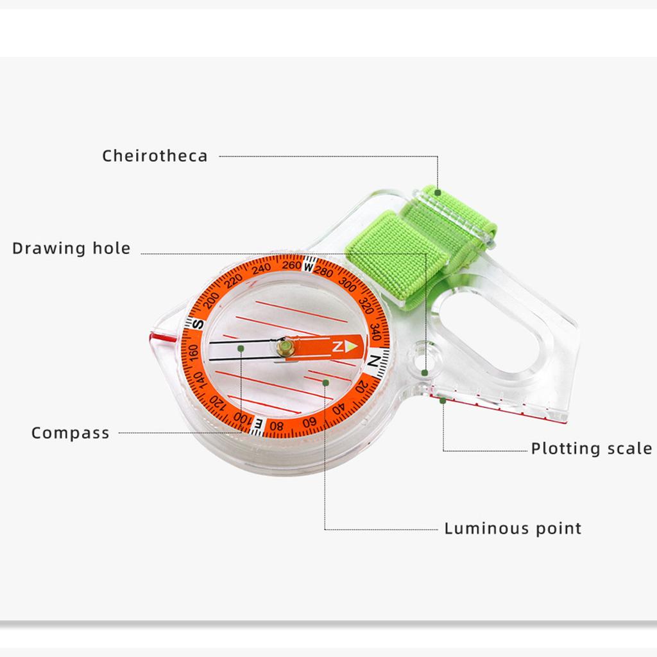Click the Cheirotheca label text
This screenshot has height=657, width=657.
point(155,156)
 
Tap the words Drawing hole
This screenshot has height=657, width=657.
point(71,248)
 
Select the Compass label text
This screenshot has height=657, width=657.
point(71,433)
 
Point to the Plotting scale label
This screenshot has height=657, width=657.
point(591,448)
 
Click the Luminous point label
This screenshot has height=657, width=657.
point(513,529)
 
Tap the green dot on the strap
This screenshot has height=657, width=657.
point(438,192)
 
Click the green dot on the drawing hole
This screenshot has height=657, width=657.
point(425,373)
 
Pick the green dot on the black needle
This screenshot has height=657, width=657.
point(241,348)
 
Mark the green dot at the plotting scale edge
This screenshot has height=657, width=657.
point(443,400)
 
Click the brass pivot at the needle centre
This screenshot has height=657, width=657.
point(287,347)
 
